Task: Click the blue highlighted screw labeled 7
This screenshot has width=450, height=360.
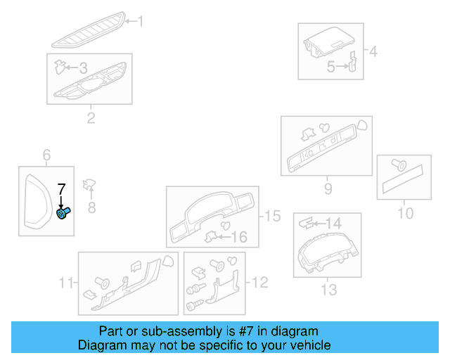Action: coord(63,213)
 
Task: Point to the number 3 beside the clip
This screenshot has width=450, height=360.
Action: coord(83,68)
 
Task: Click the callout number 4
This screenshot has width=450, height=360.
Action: coord(373,51)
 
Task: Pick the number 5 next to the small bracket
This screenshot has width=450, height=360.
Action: coord(330,67)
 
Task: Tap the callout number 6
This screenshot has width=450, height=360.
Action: coord(47,155)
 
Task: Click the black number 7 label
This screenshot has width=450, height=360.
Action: coord(61,188)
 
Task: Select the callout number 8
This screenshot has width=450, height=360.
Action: coord(91,207)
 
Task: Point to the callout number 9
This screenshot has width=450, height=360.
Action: coord(328,188)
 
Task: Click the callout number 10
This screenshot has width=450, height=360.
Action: coord(406,212)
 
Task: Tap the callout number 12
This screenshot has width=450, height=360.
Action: coord(259,283)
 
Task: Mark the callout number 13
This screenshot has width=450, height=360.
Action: coord(328,289)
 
